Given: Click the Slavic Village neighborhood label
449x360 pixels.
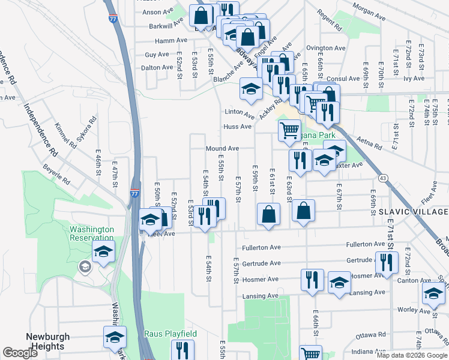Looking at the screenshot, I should pyautogui.click(x=413, y=212).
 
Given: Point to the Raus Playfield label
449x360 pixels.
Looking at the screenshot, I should pyautogui.click(x=162, y=334).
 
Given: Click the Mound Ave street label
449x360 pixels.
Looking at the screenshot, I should pyautogui.click(x=222, y=148).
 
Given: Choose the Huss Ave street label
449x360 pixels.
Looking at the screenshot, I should pyautogui.click(x=237, y=127).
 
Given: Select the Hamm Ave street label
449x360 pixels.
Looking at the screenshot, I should pyautogui.click(x=171, y=40).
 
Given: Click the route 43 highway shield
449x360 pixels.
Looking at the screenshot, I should pyautogui.click(x=382, y=178).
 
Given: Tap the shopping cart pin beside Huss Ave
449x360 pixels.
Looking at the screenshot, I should pyautogui.click(x=289, y=130).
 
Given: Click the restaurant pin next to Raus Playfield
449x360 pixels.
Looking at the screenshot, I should pyautogui.click(x=182, y=349).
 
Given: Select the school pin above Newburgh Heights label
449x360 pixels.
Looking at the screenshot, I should pyautogui.click(x=115, y=336).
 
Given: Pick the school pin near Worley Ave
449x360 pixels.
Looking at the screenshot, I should pyautogui.click(x=433, y=293).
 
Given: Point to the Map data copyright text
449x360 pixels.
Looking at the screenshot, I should pyautogui.click(x=412, y=355).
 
